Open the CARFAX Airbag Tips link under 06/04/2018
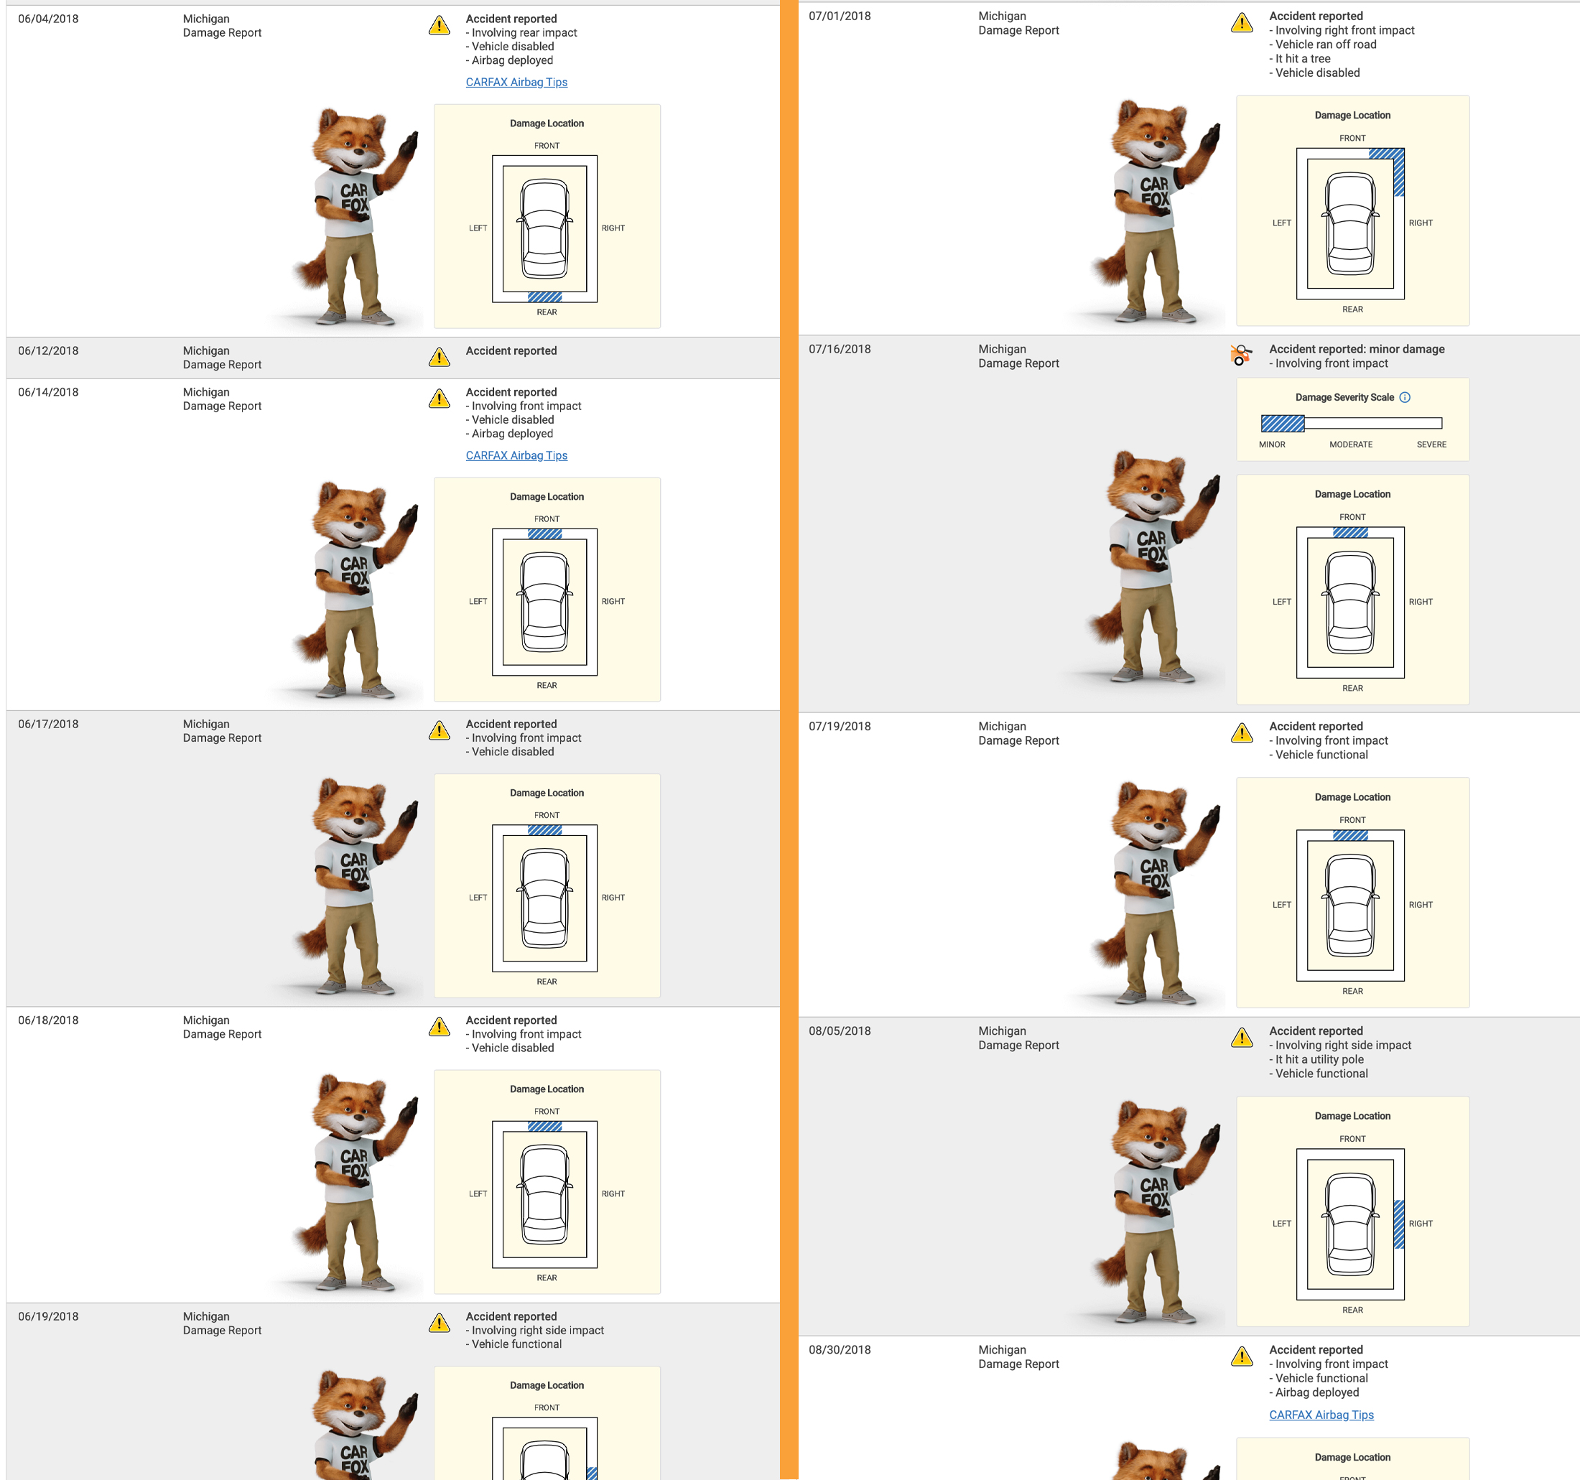[x=516, y=82]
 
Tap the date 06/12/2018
[x=49, y=350]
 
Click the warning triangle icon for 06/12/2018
[x=439, y=357]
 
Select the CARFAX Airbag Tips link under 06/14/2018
[x=516, y=455]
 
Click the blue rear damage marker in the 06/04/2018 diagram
[x=544, y=297]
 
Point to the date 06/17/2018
[x=49, y=724]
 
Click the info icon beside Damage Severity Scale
[x=1405, y=397]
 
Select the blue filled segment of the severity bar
[x=1283, y=424]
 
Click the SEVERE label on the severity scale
[x=1431, y=445]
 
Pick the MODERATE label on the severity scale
[x=1351, y=445]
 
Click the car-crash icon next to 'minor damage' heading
[x=1240, y=355]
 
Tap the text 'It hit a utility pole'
[x=1319, y=1059]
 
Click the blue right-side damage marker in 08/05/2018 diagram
[x=1399, y=1224]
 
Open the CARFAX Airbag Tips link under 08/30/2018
[x=1321, y=1415]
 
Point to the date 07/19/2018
[x=840, y=727]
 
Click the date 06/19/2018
[x=49, y=1316]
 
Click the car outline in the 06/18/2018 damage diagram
[x=545, y=1194]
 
